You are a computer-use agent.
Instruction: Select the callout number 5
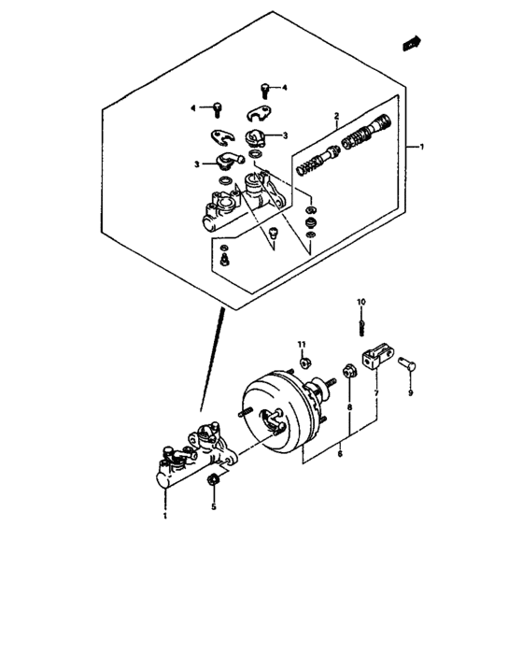[x=213, y=507]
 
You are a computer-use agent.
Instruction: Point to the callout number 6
[x=339, y=454]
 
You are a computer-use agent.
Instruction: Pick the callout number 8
[x=349, y=408]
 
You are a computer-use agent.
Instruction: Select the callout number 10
[x=361, y=302]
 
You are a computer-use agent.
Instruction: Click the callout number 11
[x=302, y=345]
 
